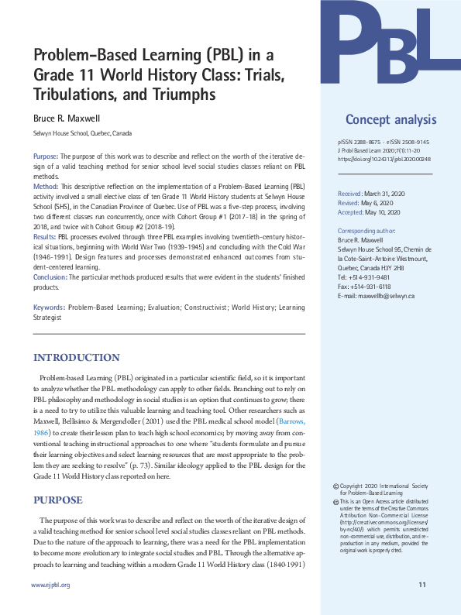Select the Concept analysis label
(x=390, y=119)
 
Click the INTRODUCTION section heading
(x=76, y=357)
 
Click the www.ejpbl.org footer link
(x=50, y=585)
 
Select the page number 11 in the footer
(x=421, y=585)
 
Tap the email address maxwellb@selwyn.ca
(x=376, y=297)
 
